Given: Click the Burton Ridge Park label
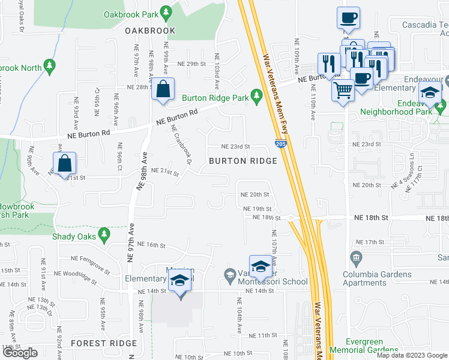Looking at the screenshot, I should coord(214,97).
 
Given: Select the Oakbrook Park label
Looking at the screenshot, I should coord(131,14).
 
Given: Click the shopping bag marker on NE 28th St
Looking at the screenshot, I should coord(163,89).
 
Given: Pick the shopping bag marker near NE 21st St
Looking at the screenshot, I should coord(65,164).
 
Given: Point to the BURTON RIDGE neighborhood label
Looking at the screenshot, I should coord(243,161).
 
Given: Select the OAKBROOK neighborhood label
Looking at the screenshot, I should coord(150,31).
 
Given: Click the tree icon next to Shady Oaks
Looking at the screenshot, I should coord(104,233).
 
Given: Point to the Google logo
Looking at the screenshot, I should coord(20,352).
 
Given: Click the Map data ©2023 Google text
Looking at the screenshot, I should coord(412,355).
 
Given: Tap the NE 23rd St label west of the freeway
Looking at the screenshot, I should coord(235,146).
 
